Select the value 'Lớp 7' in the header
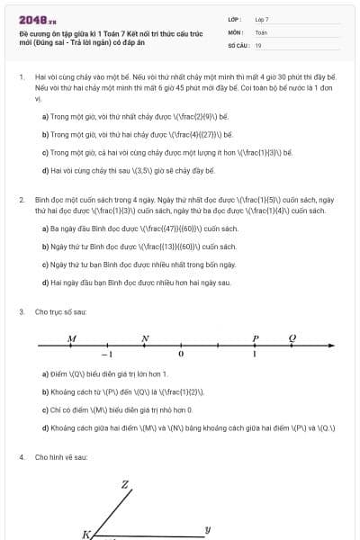(x=263, y=19)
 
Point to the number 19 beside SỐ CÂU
(x=258, y=44)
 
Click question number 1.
(x=21, y=78)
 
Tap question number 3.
(x=21, y=311)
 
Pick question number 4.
(x=21, y=457)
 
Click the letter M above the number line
(x=72, y=338)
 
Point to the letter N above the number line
(x=145, y=338)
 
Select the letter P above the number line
(x=256, y=338)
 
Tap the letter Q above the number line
(x=292, y=338)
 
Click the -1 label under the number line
(x=106, y=355)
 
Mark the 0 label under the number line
(x=181, y=355)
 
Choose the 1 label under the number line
(x=255, y=355)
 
